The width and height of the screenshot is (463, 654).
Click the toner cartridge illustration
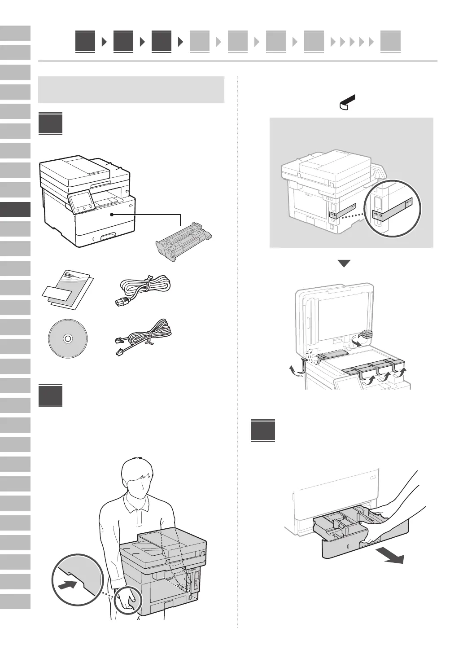(x=184, y=242)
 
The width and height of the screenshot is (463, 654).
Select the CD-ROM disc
(x=67, y=338)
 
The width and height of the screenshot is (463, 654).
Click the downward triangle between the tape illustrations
(x=344, y=263)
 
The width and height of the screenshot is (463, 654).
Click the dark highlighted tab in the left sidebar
(x=15, y=210)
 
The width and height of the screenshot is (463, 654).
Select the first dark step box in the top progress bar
(x=85, y=42)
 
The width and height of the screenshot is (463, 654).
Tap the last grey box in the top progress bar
(x=390, y=42)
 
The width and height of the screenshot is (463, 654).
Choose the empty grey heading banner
(x=131, y=90)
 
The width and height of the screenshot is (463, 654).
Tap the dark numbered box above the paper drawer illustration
(x=263, y=431)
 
